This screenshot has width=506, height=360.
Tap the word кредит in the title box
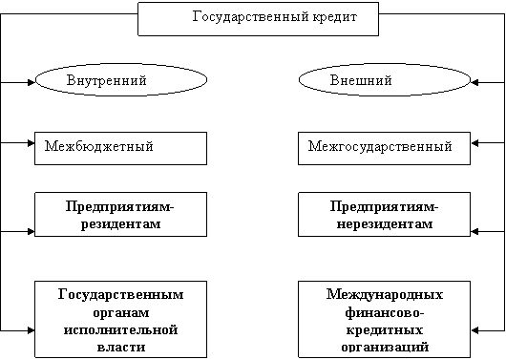[335, 17]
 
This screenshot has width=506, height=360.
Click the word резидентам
[120, 223]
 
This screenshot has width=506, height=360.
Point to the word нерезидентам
[385, 223]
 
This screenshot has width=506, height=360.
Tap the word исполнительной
[120, 330]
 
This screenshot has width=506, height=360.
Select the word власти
[121, 347]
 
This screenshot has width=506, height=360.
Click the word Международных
[385, 294]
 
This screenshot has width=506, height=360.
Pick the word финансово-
[385, 312]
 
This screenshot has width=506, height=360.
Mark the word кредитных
[385, 330]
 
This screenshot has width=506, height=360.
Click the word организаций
[385, 347]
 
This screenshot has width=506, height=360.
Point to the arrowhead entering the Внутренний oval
[32, 83]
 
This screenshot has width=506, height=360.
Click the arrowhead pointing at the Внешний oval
[474, 83]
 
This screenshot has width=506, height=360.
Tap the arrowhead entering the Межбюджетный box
[32, 143]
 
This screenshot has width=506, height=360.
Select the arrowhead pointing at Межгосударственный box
[474, 143]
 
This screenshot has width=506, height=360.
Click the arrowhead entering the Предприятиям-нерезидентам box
[474, 231]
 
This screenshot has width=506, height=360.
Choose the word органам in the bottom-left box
[121, 313]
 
